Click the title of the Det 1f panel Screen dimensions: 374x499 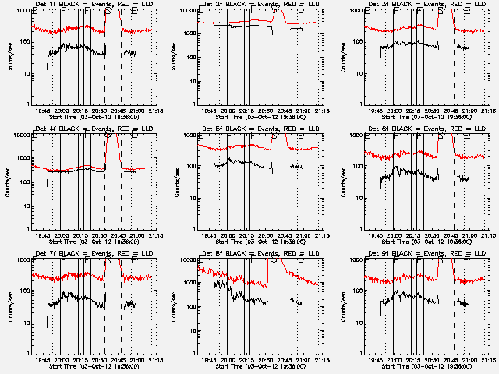pos(92,5)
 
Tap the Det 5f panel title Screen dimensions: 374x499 pos(259,130)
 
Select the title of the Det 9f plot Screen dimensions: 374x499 pos(425,255)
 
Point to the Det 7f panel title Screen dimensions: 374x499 pos(92,255)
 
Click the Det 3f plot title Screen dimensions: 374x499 pos(425,5)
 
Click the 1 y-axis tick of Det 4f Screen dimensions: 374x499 pos(29,228)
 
